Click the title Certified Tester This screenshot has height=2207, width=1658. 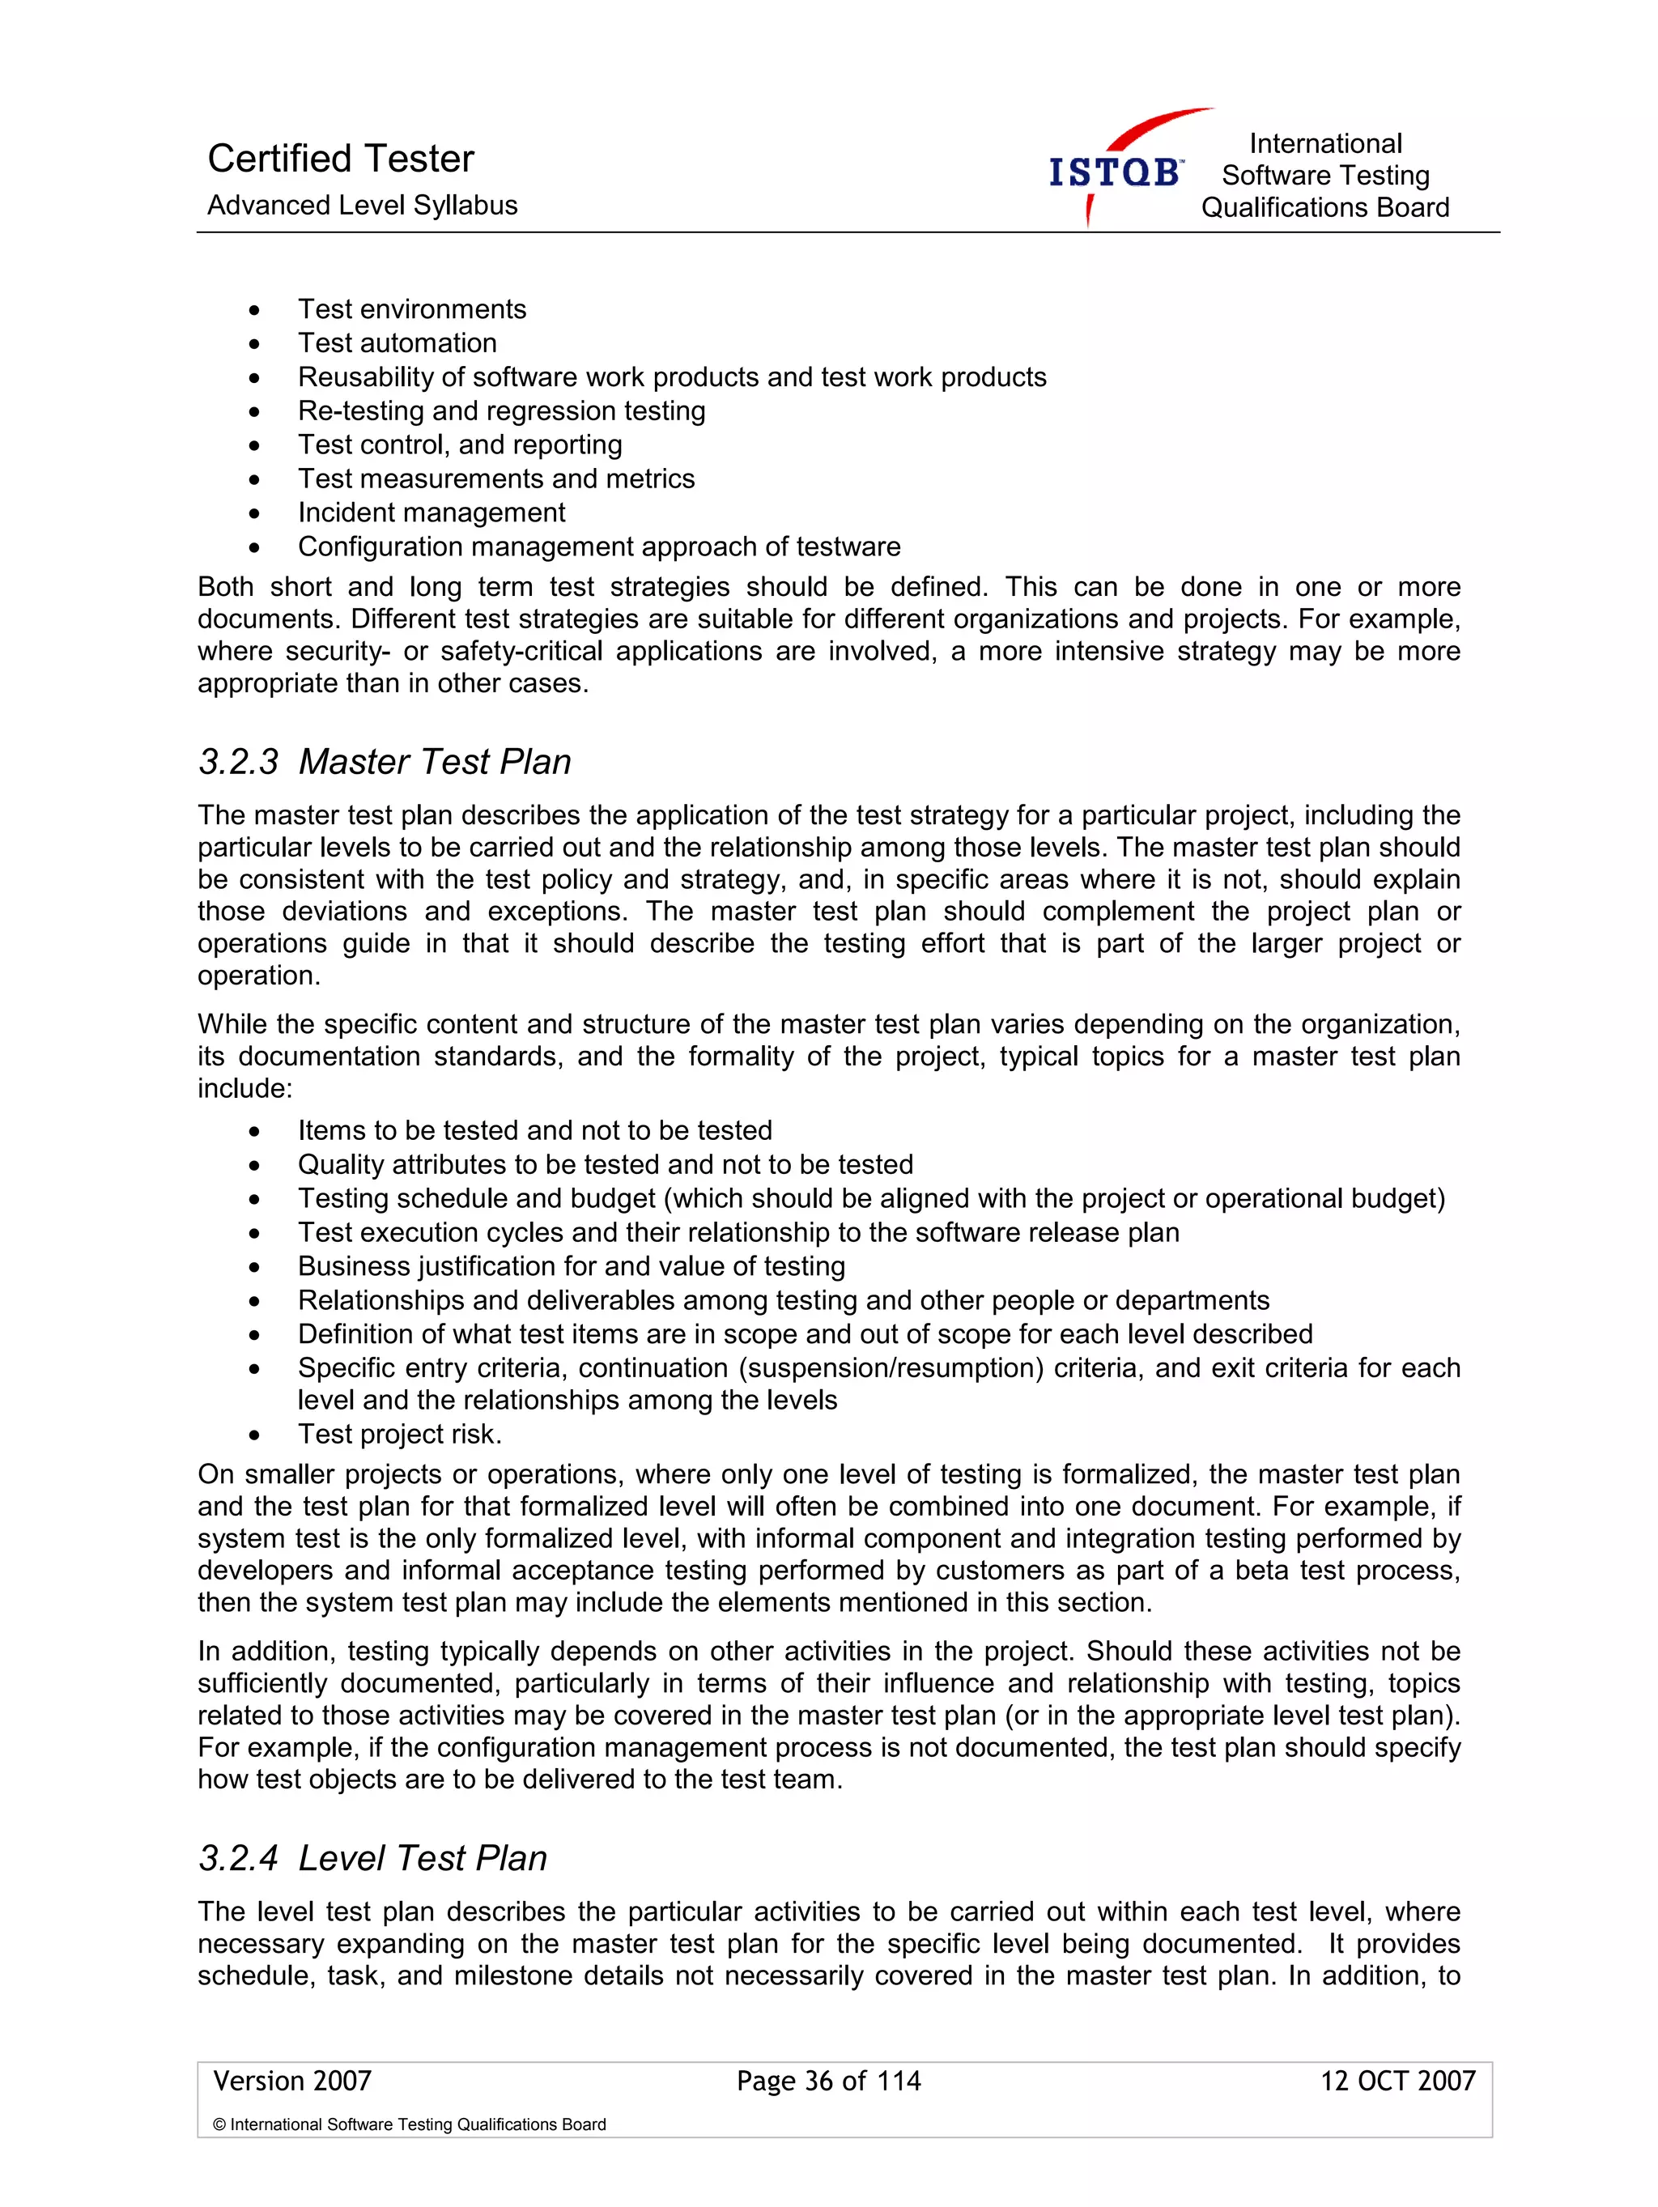[340, 159]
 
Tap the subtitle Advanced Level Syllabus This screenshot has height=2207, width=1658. [362, 206]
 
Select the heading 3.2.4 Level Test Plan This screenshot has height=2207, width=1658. [372, 1859]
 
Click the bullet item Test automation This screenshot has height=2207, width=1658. [397, 343]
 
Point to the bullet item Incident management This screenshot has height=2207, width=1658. [431, 512]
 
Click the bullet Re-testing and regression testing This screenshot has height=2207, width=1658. [501, 411]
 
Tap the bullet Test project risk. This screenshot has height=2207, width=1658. [399, 1435]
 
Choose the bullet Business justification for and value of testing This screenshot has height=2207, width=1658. [571, 1267]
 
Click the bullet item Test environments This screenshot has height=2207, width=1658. [412, 309]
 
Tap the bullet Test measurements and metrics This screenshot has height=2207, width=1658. [495, 479]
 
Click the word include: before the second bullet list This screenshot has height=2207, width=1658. [245, 1089]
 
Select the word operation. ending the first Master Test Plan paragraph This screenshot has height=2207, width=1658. [258, 976]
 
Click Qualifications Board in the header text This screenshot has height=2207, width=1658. [1324, 207]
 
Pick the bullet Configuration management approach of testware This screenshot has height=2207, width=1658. [598, 546]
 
